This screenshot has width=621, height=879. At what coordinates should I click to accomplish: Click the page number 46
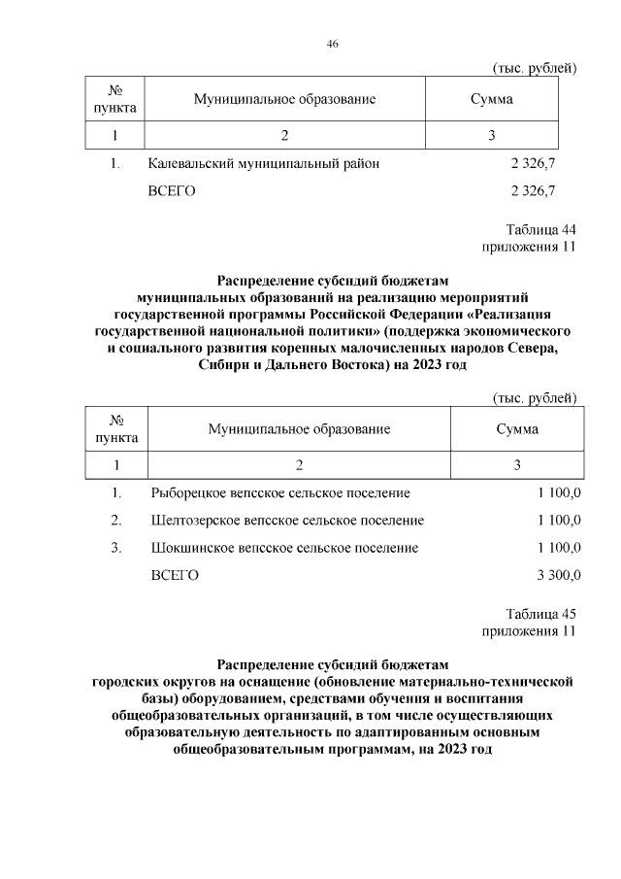pos(332,44)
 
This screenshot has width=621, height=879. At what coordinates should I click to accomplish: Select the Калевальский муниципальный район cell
pos(263,164)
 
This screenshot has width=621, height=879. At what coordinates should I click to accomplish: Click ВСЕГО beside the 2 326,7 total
pos(172,191)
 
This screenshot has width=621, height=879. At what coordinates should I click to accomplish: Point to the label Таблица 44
pos(541,230)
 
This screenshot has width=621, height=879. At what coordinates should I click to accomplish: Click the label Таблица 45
pos(541,615)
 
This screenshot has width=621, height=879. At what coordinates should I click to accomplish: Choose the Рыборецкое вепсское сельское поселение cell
pos(280,493)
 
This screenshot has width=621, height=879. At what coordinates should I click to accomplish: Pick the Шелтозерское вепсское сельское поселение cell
pos(287,521)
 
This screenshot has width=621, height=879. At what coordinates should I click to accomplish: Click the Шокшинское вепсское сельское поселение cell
pos(284,548)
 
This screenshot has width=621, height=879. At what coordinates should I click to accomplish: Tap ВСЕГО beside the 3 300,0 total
pos(175,576)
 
